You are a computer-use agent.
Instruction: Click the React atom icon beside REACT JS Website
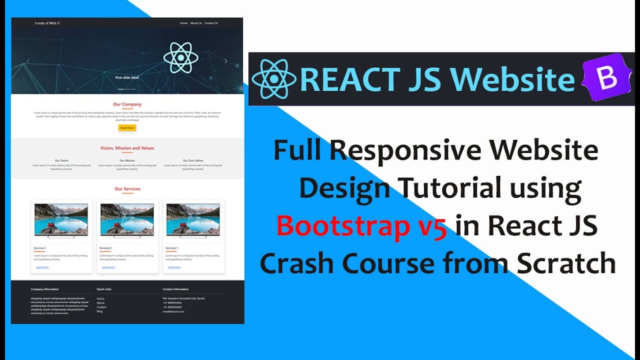(x=273, y=79)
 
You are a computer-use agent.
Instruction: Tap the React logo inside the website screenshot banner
(x=180, y=58)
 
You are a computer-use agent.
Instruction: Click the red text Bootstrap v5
(x=361, y=226)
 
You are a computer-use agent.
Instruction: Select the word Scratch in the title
(x=566, y=263)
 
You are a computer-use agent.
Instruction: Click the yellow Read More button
(x=127, y=128)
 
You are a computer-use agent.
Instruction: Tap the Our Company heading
(x=127, y=104)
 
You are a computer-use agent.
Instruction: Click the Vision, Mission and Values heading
(x=127, y=148)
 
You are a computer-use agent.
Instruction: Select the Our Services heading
(x=127, y=189)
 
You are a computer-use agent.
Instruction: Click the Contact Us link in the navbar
(x=211, y=23)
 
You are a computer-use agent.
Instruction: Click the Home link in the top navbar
(x=183, y=23)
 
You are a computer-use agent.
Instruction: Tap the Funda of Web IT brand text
(x=47, y=23)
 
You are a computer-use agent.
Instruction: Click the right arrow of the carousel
(x=225, y=61)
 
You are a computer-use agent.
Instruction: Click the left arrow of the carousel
(x=28, y=61)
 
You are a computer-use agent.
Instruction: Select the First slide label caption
(x=126, y=77)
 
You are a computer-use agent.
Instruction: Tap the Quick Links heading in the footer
(x=104, y=289)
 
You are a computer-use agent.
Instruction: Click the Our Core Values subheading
(x=192, y=160)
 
